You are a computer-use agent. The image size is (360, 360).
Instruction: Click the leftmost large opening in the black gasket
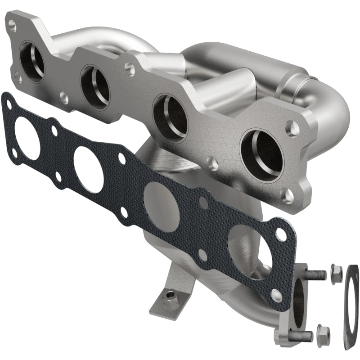(27, 137)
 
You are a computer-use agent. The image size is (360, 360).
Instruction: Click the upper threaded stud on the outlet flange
(315, 273)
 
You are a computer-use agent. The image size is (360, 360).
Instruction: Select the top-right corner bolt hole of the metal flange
(292, 127)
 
